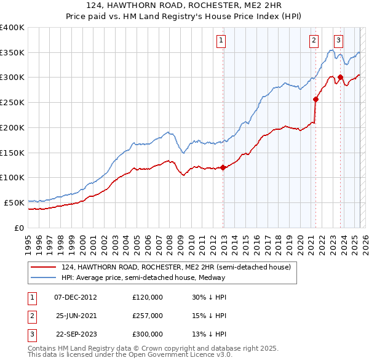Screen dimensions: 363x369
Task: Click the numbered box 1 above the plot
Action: [221, 41]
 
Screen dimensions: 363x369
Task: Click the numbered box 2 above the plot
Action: [314, 41]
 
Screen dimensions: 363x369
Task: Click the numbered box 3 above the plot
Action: [338, 41]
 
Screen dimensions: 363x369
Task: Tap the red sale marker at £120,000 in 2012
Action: [223, 167]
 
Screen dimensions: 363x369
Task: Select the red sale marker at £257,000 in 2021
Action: [316, 98]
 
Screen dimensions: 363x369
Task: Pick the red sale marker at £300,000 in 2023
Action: [340, 77]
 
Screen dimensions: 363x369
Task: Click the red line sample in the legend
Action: [43, 267]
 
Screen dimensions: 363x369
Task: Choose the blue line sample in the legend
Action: [43, 277]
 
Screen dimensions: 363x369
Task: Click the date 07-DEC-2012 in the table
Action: [76, 297]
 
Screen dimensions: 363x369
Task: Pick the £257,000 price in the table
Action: [148, 316]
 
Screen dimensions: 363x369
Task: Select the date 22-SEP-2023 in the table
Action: [76, 334]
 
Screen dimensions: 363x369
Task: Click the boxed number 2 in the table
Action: [31, 316]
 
